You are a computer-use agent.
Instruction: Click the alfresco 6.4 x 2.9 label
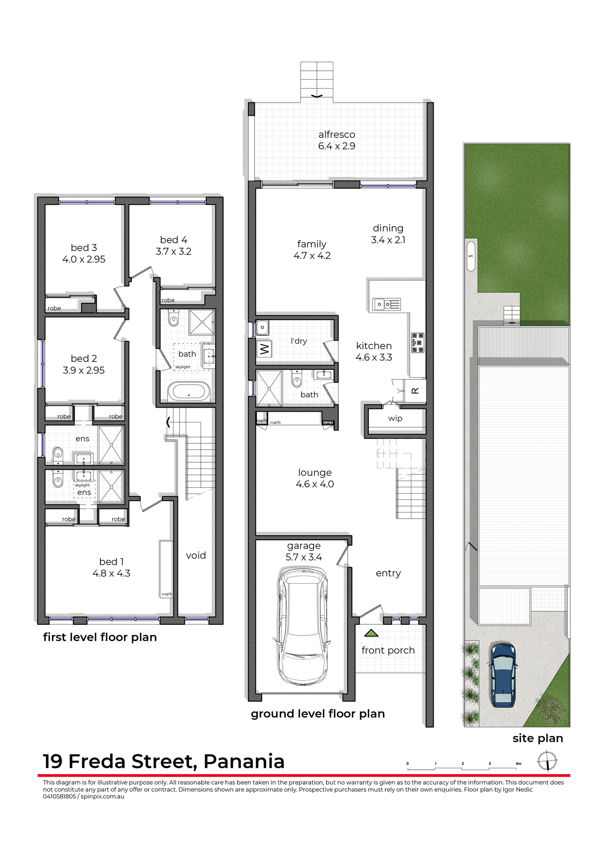[x=336, y=140]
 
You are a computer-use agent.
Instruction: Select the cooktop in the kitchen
[x=418, y=343]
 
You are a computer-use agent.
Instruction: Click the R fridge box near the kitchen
[x=415, y=391]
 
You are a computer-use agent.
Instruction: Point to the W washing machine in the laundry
[x=264, y=348]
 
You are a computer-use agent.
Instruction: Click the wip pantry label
[x=395, y=418]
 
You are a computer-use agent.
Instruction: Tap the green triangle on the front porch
[x=371, y=633]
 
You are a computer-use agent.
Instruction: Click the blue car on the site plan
[x=503, y=675]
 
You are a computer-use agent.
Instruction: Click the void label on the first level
[x=196, y=555]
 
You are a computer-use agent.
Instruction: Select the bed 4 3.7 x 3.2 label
[x=173, y=245]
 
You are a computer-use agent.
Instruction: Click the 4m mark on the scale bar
[x=518, y=764]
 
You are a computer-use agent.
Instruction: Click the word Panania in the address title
[x=244, y=761]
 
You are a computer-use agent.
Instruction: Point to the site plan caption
[x=537, y=738]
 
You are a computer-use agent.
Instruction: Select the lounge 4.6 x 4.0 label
[x=315, y=478]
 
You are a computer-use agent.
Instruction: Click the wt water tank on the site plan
[x=470, y=256]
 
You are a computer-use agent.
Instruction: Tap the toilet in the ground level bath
[x=297, y=380]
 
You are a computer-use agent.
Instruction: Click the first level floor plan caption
[x=100, y=637]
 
